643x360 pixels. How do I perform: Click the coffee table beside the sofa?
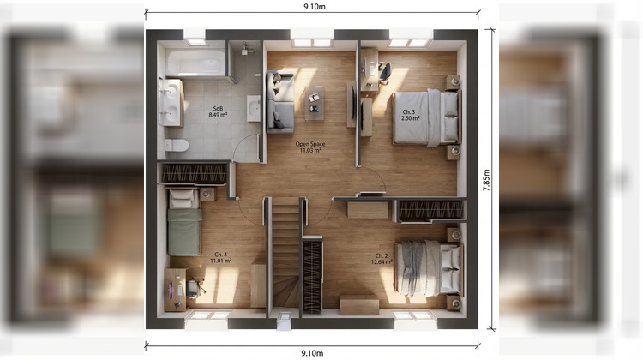tap(314, 100)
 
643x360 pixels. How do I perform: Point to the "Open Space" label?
tap(309, 144)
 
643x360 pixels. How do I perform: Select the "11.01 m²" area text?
tap(220, 261)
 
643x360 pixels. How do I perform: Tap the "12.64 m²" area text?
tap(382, 261)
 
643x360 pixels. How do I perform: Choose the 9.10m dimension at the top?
tap(312, 6)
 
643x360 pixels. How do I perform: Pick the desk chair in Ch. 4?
tap(193, 288)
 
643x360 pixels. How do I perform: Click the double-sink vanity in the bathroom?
tap(170, 102)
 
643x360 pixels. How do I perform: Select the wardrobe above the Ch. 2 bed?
tap(431, 210)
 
